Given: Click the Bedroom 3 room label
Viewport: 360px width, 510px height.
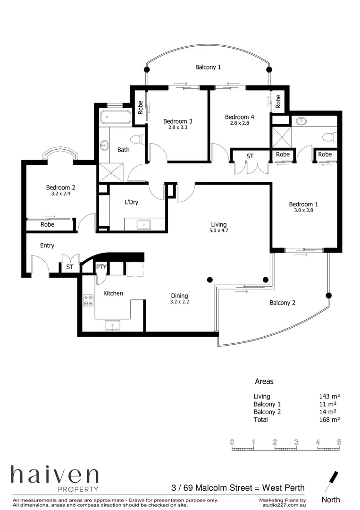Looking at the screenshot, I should (178, 121).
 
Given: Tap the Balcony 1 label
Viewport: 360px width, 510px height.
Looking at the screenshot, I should (208, 68).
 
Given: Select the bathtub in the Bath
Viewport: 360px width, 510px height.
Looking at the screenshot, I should (115, 116).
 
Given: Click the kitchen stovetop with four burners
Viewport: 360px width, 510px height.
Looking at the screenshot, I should (88, 300).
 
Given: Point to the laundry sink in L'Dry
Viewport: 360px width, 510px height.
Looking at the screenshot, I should (143, 224).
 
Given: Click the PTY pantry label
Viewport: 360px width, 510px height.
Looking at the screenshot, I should (101, 267).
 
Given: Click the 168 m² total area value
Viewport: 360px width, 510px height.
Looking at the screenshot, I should (330, 419).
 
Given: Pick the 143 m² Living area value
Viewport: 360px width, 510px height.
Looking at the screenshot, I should (330, 397).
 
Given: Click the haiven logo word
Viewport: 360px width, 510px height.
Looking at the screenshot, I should (55, 475).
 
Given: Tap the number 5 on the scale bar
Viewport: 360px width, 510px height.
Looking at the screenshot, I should (339, 442).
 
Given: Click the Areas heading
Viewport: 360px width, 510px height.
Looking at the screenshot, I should (264, 381).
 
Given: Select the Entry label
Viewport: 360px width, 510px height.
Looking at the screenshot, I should (47, 246).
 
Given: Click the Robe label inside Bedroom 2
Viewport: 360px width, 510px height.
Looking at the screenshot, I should (47, 225).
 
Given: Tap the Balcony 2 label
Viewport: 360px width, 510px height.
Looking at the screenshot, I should (282, 303).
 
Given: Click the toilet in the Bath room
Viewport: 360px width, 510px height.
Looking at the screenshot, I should (137, 140).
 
